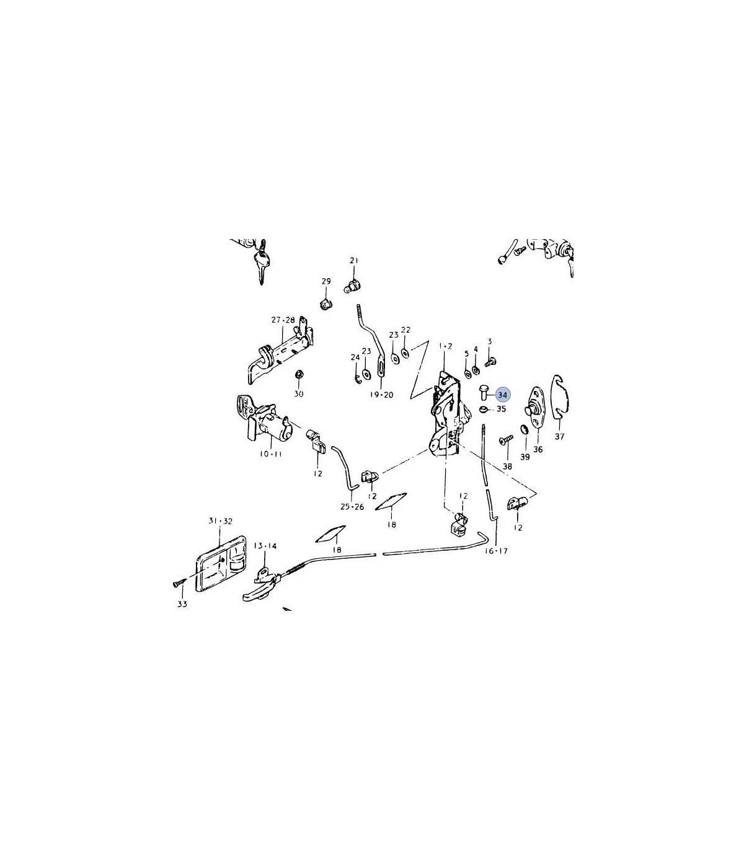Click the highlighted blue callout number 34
coord(503,395)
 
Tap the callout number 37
coord(559,437)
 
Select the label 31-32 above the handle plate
coord(220,521)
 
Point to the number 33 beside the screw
coord(182,604)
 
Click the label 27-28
coord(283,320)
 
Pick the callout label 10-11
coord(271,454)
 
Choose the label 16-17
coord(496,551)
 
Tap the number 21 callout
coord(354,260)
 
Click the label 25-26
coord(352,507)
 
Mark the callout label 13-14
coord(265,546)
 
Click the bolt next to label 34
coord(484,392)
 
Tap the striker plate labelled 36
coord(535,408)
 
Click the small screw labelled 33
coord(177,583)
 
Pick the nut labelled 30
coord(298,375)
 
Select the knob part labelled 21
coord(353,287)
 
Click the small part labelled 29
coord(326,305)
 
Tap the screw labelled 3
coord(490,362)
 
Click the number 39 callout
coord(525,457)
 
